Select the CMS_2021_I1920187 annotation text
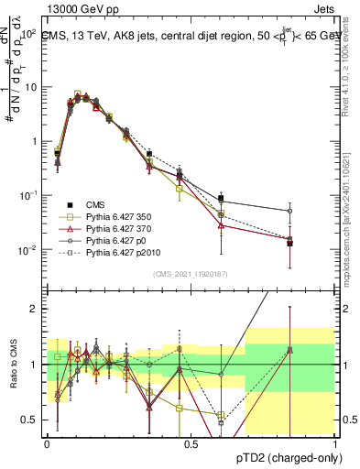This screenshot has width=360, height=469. (x=191, y=274)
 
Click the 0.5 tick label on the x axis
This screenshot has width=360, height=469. (x=191, y=442)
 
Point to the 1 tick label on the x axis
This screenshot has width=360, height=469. (x=335, y=442)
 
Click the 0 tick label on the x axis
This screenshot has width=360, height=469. (x=47, y=442)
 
